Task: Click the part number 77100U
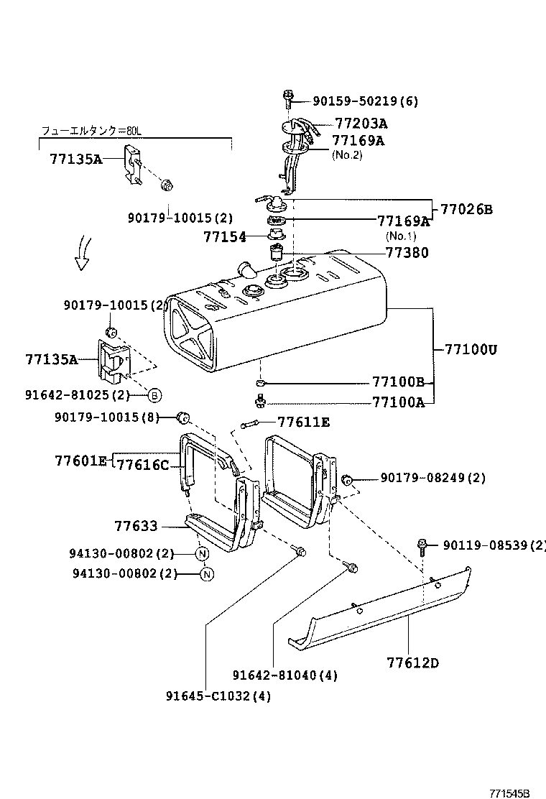click(x=471, y=350)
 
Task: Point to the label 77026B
click(x=466, y=210)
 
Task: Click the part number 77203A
click(x=361, y=124)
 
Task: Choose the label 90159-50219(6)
click(x=365, y=101)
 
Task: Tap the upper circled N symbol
click(x=202, y=553)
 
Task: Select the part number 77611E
click(x=303, y=422)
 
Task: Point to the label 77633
click(x=136, y=527)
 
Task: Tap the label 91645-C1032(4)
click(x=218, y=696)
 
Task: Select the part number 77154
click(x=225, y=236)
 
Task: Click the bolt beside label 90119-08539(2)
click(x=422, y=546)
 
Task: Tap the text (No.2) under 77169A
click(x=346, y=154)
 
